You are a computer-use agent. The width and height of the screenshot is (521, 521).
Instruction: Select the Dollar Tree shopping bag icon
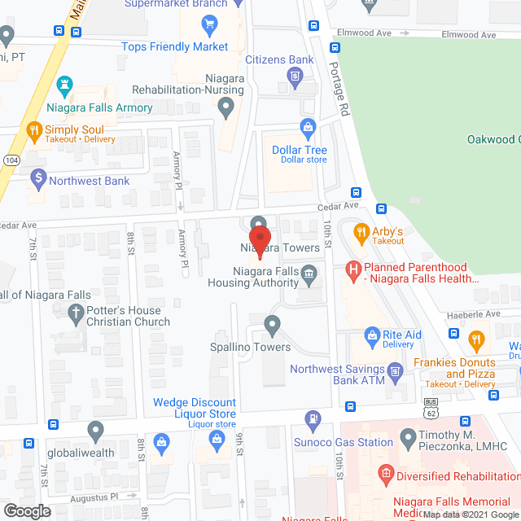[x=308, y=127]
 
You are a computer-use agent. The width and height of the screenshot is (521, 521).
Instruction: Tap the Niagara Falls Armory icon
[x=64, y=85]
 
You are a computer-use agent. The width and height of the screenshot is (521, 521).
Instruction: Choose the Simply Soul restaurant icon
[x=33, y=129]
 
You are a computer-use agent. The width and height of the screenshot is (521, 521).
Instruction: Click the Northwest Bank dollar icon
[x=37, y=176]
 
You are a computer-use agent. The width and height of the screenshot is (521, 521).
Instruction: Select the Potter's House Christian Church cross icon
[x=77, y=311]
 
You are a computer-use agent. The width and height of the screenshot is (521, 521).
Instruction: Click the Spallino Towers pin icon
[x=272, y=326]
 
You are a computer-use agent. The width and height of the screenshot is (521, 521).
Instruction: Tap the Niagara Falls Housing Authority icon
[x=309, y=274]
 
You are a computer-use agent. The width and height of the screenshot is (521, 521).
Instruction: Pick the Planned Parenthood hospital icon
[x=353, y=268]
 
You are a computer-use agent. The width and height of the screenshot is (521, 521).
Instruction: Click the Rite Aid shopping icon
[x=372, y=334]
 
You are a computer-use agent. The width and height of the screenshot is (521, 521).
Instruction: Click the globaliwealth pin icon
[x=96, y=429]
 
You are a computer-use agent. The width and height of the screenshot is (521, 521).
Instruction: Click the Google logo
[x=26, y=510]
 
